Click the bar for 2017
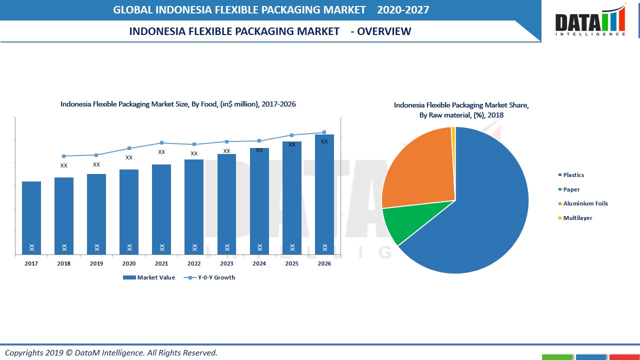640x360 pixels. click(x=31, y=218)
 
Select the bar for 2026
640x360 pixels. click(x=324, y=194)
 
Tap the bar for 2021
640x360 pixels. click(x=161, y=209)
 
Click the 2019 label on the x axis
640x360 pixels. click(x=96, y=263)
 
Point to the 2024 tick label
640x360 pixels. click(x=259, y=263)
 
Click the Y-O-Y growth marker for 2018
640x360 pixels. click(x=64, y=156)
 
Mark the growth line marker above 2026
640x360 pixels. click(x=324, y=132)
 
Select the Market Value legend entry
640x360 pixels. click(x=149, y=277)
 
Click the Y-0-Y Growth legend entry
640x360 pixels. click(x=209, y=277)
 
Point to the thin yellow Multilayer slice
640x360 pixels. click(x=453, y=131)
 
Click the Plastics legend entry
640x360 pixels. click(x=573, y=175)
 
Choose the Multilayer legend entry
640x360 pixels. click(x=577, y=218)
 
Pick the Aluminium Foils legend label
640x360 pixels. click(x=585, y=203)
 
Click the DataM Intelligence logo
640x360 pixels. click(x=590, y=21)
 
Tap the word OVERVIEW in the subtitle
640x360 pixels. click(x=384, y=31)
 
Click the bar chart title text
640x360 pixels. click(x=178, y=104)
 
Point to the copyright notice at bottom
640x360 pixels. click(x=111, y=352)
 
